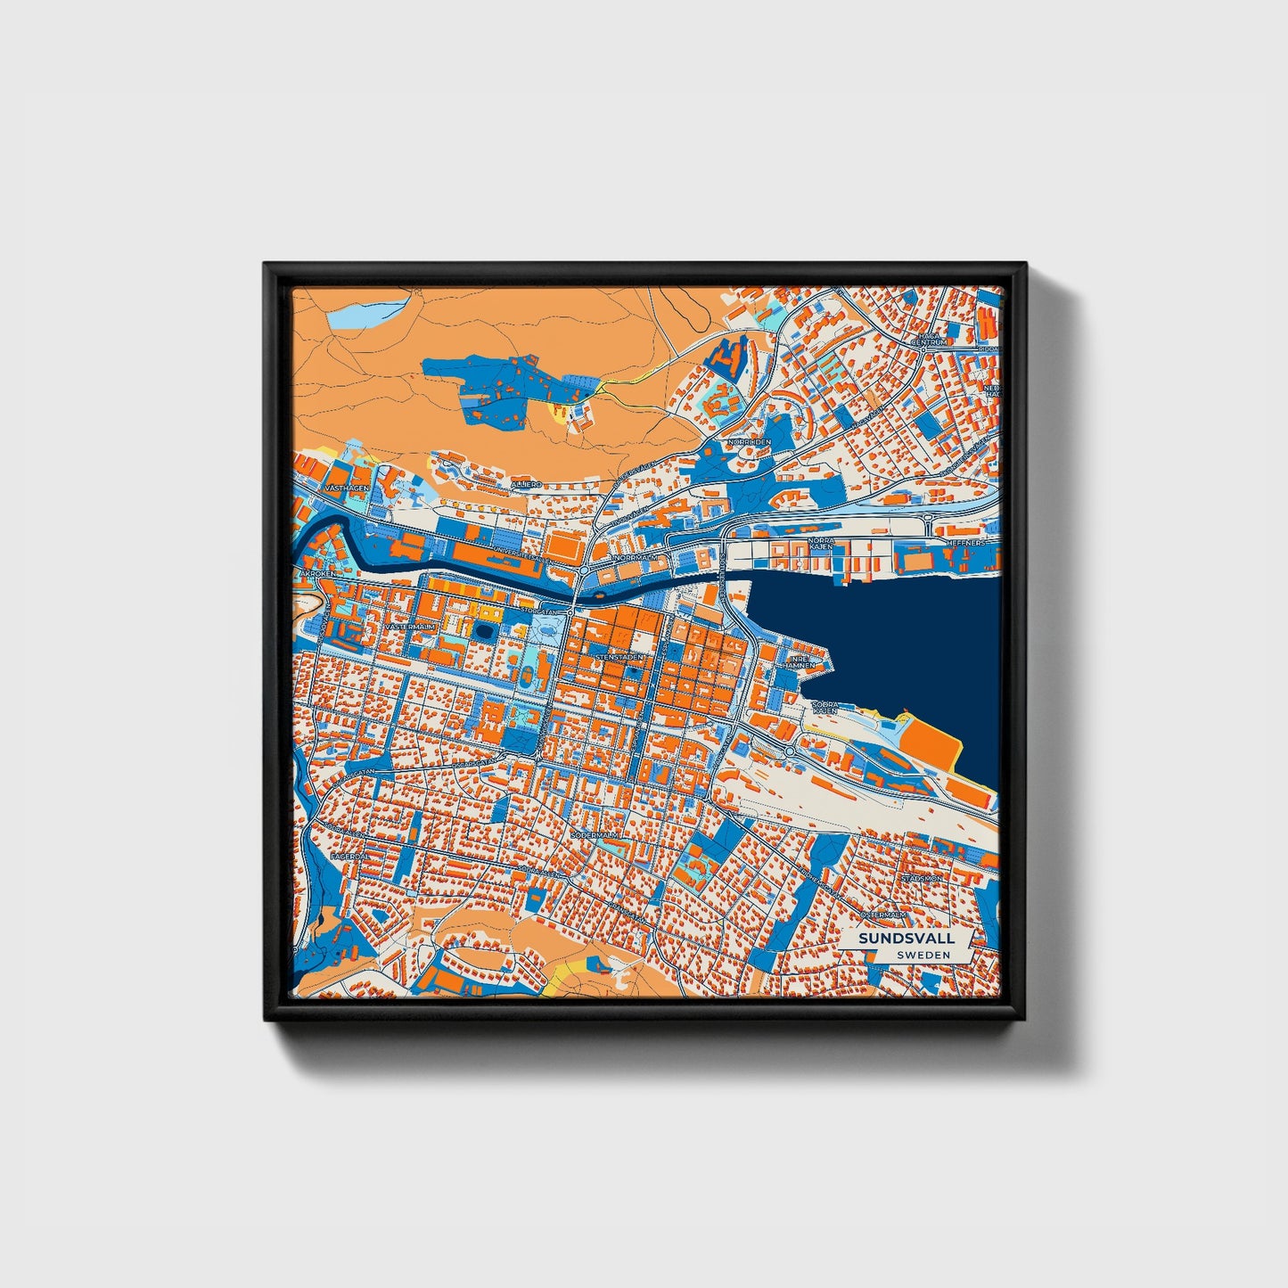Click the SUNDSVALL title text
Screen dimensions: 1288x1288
point(906,939)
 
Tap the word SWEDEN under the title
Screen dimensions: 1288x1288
point(923,955)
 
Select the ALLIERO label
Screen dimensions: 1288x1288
point(525,483)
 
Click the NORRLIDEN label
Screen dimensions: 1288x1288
point(749,442)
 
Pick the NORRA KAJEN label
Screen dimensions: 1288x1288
point(820,544)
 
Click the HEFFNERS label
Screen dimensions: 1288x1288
point(966,542)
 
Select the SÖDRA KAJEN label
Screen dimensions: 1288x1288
point(825,708)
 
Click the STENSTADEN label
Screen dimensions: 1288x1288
point(619,657)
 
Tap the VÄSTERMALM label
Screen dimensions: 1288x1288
point(410,628)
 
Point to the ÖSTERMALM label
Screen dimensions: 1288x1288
point(882,915)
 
